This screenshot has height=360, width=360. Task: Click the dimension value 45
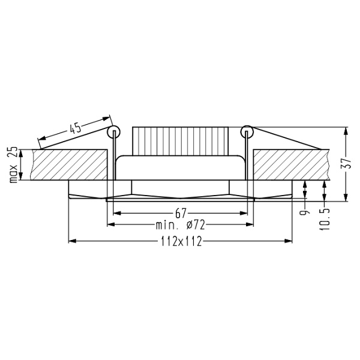(x=74, y=128)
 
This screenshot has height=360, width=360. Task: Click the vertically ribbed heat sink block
(x=181, y=140)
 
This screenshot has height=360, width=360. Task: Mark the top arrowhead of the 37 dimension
(x=347, y=130)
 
